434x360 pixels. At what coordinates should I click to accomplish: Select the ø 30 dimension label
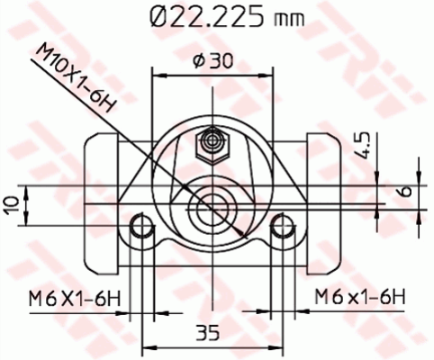coord(213,61)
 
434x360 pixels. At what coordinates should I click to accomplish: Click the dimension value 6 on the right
coord(406,193)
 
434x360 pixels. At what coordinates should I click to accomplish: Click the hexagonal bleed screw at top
coord(213,141)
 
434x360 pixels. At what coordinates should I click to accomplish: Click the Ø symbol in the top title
coord(154,17)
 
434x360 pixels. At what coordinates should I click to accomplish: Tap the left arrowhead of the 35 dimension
coord(148,346)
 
